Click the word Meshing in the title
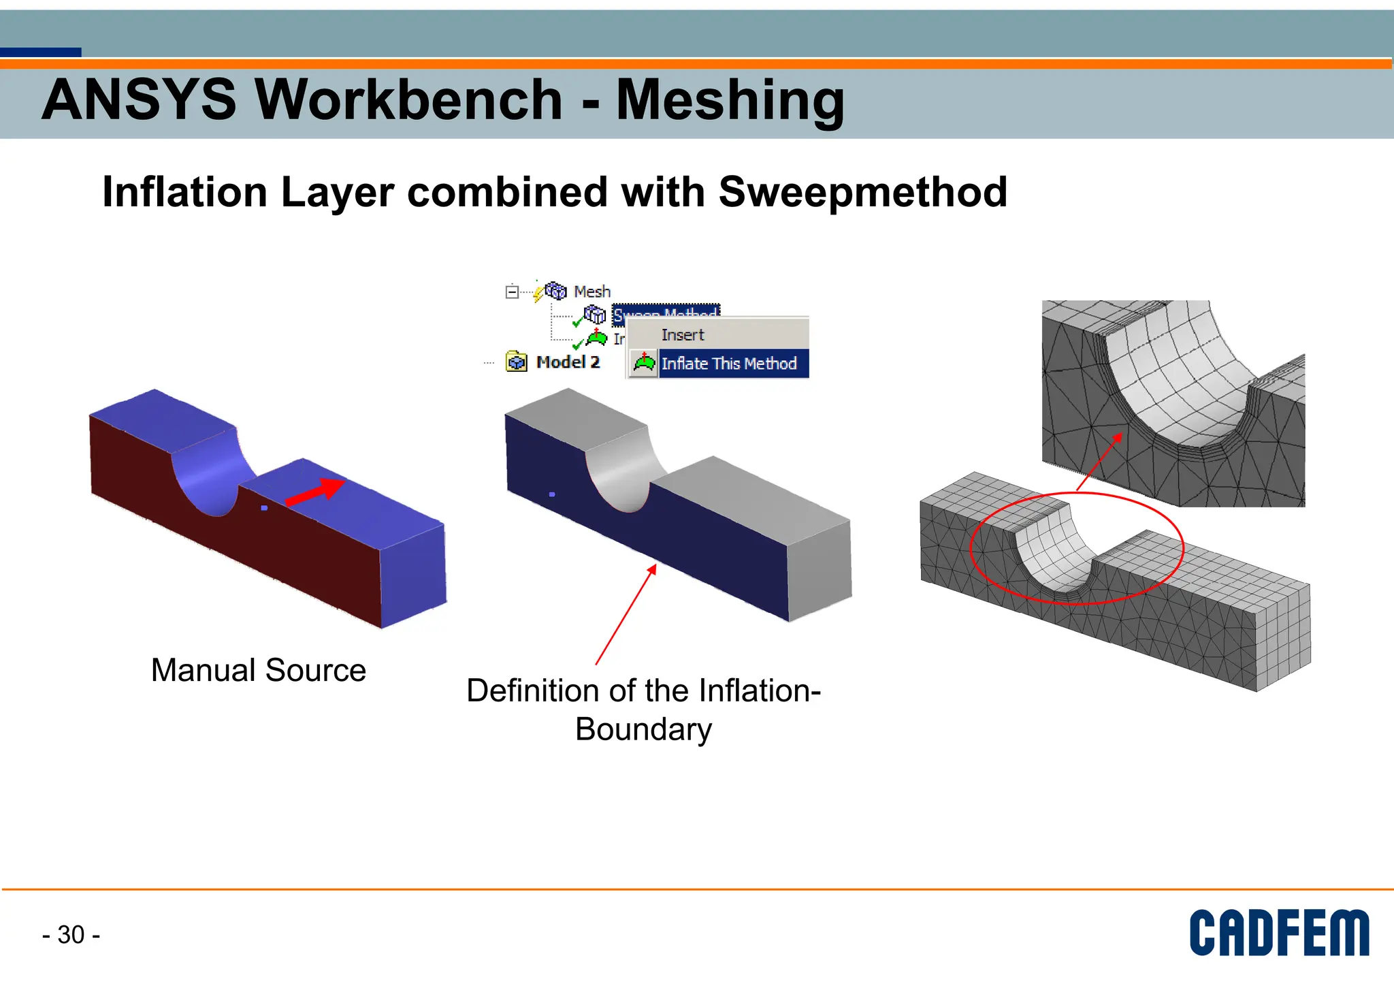[730, 101]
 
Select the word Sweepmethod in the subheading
[862, 192]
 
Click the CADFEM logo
[1278, 933]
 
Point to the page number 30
[71, 935]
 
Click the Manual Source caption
[258, 670]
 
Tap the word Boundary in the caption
[643, 729]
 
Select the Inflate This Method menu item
[728, 364]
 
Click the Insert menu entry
[682, 335]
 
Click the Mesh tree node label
[591, 291]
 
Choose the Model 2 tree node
[567, 362]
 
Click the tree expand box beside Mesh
[512, 292]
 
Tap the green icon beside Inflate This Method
[644, 363]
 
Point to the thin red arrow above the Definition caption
[624, 615]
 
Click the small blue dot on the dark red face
[264, 508]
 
